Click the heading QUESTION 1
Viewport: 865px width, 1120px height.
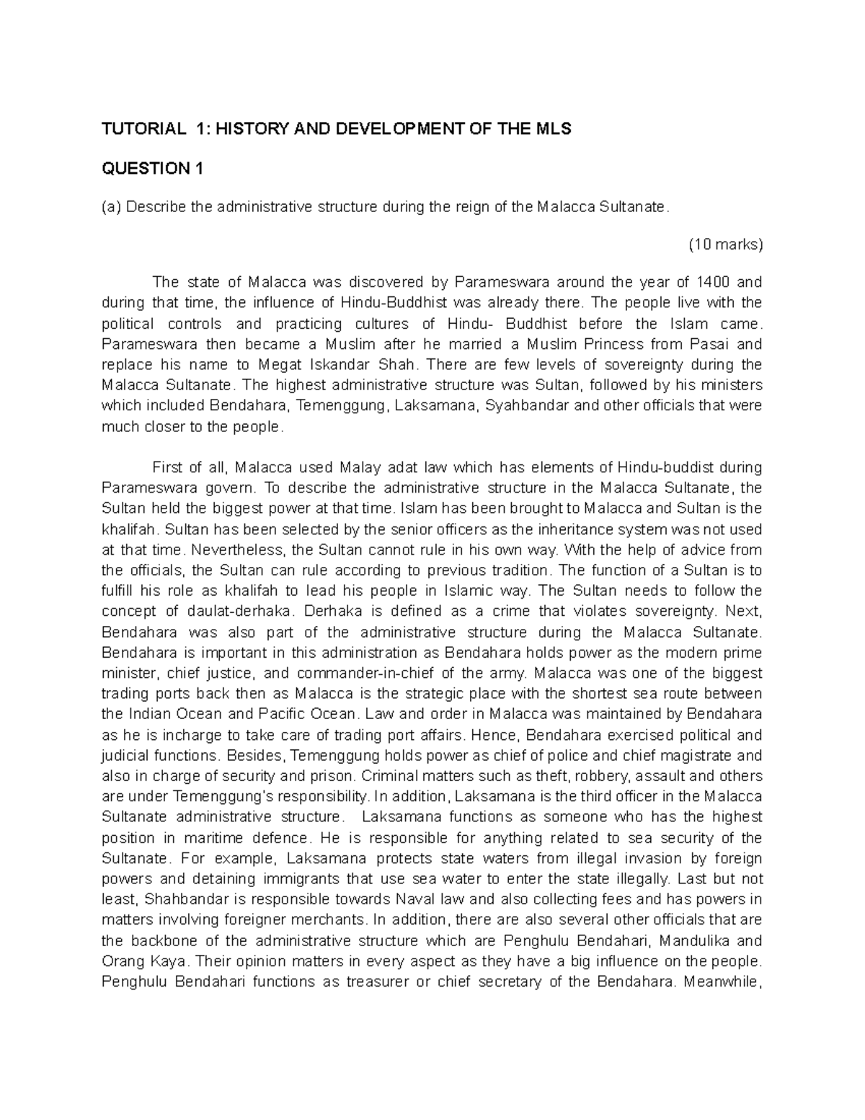click(152, 169)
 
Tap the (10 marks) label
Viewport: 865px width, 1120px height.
click(725, 244)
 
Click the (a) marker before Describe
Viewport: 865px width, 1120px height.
click(112, 208)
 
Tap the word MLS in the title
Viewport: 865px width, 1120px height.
click(552, 129)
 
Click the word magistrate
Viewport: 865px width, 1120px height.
click(698, 756)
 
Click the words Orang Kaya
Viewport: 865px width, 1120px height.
click(138, 961)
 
